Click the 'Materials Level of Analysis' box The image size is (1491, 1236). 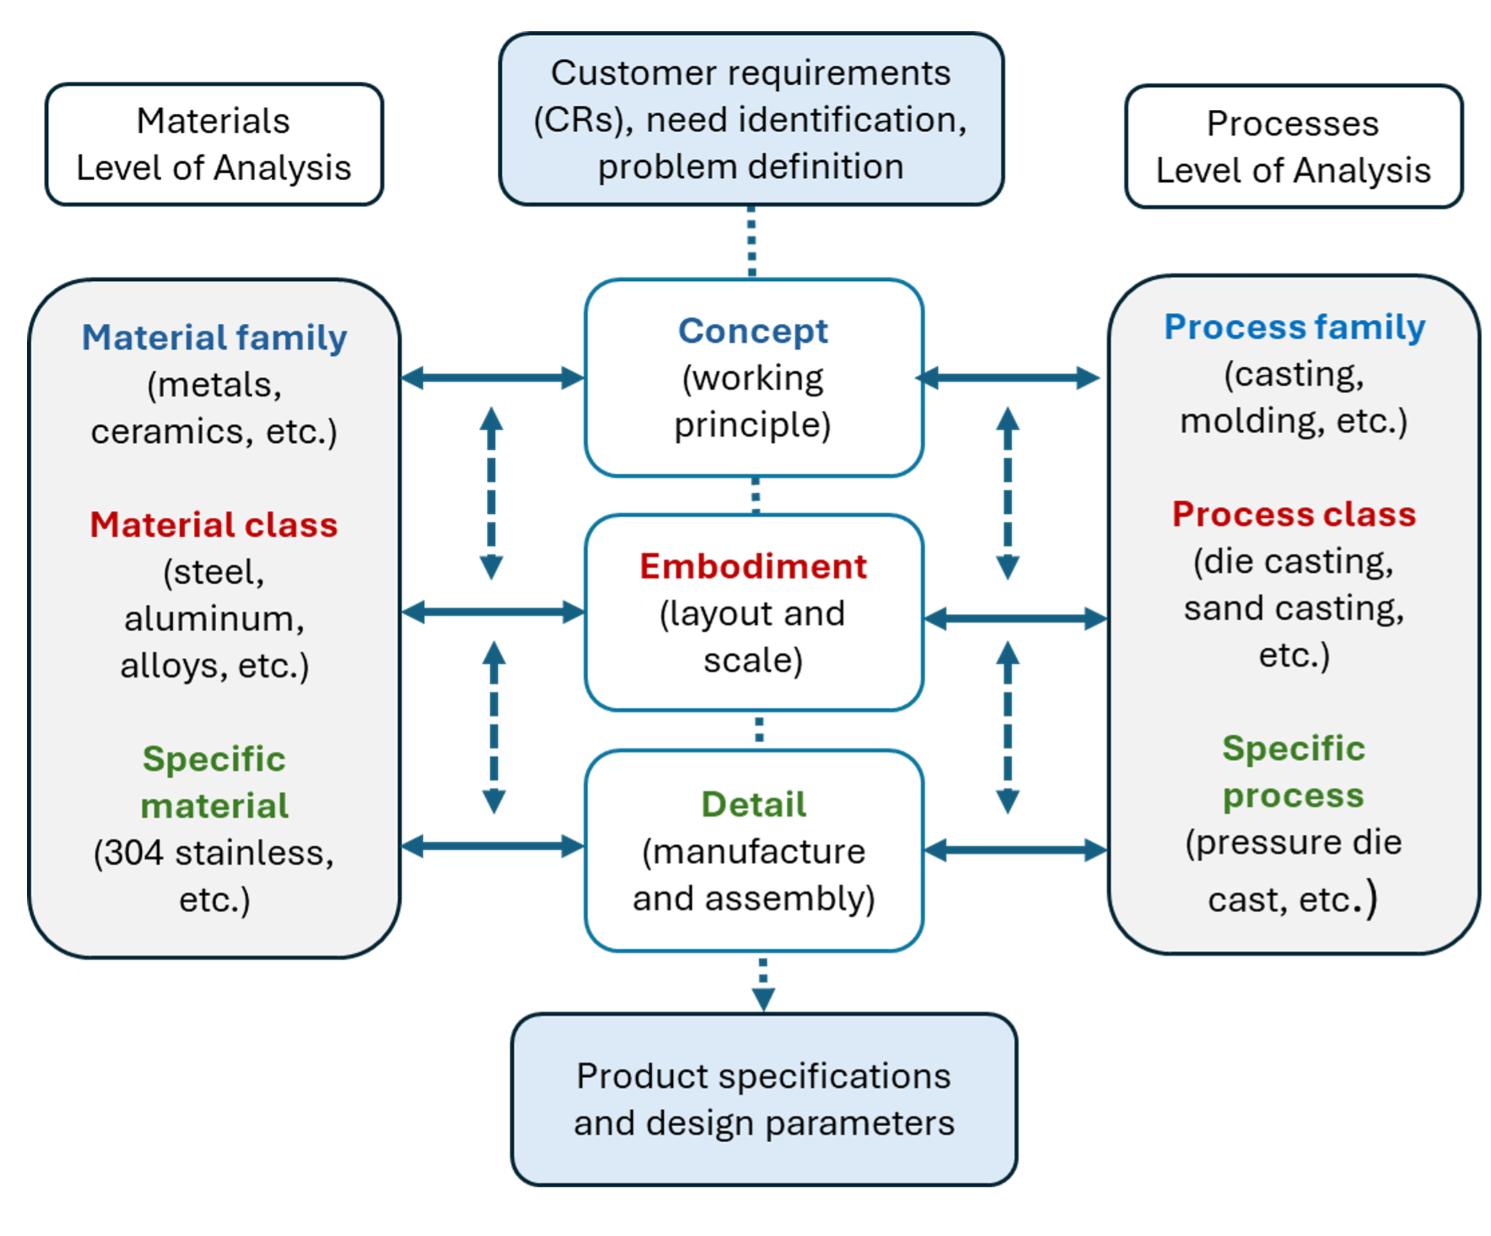tap(213, 145)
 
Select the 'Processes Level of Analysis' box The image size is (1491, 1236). tap(1293, 147)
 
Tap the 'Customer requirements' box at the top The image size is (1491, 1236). tap(751, 120)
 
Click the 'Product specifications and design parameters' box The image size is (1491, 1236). tap(764, 1099)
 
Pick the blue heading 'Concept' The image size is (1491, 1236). tap(753, 331)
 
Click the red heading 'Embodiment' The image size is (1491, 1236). tap(753, 567)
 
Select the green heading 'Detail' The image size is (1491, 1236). tap(753, 804)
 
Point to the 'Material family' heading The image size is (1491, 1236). tap(213, 337)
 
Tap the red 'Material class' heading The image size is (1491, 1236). tap(213, 525)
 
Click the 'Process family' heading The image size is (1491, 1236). tap(1294, 327)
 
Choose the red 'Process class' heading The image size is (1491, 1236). tap(1294, 514)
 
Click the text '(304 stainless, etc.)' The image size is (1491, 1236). tap(213, 875)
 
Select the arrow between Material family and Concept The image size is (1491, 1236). tap(492, 377)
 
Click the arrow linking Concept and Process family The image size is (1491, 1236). tap(1008, 377)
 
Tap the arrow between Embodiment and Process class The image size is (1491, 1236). tap(1016, 619)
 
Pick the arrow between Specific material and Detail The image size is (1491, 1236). tap(492, 845)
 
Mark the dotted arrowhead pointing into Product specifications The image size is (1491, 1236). tap(763, 998)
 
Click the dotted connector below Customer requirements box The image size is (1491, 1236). tap(752, 241)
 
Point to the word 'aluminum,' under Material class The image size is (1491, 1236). tap(213, 619)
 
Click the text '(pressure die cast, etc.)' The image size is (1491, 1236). tap(1293, 870)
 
